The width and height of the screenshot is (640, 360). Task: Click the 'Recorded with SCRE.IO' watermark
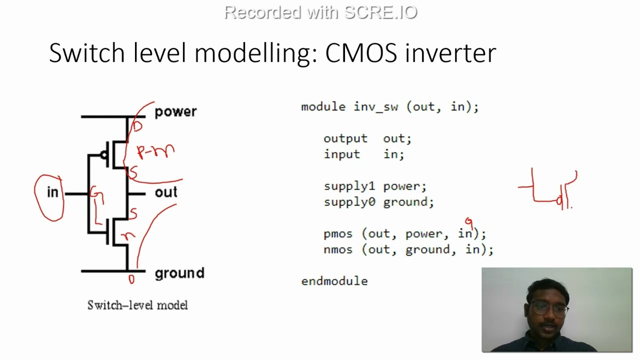(x=320, y=12)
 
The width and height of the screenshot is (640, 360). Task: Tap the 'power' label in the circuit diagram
(x=175, y=111)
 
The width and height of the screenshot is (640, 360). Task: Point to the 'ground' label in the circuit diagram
(x=179, y=273)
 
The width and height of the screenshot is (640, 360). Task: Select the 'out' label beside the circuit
(x=165, y=192)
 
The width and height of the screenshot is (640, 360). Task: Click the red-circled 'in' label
(x=52, y=193)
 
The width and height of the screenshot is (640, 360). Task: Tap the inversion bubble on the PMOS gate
(x=104, y=155)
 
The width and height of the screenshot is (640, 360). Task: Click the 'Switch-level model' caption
(x=137, y=305)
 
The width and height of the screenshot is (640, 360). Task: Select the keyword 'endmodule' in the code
(x=334, y=281)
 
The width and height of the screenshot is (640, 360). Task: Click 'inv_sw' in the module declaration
(x=376, y=107)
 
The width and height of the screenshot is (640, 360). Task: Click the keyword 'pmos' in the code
(x=337, y=234)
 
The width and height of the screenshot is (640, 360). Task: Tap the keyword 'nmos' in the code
(x=337, y=249)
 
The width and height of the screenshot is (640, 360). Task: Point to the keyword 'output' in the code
(x=345, y=138)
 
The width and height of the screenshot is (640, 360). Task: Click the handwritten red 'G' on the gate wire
(x=96, y=196)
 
